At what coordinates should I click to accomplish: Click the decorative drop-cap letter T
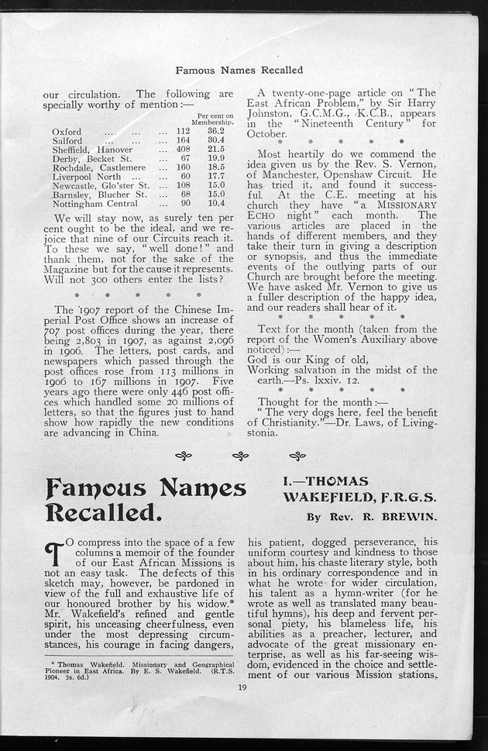pos(55,556)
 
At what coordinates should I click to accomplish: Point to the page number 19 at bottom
pos(242,687)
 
